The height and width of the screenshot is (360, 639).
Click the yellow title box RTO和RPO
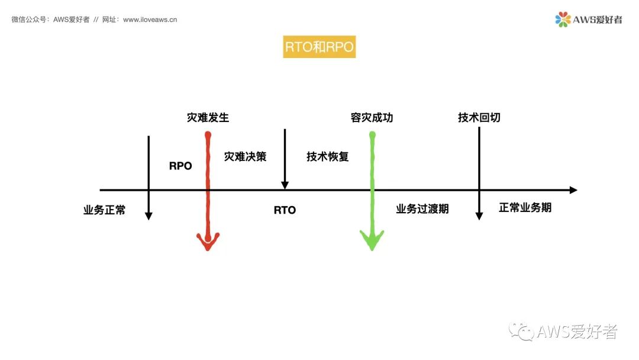click(319, 47)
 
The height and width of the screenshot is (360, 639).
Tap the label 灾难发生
click(208, 117)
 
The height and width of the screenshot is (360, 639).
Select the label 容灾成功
click(372, 117)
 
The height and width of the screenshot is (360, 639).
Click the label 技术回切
click(479, 117)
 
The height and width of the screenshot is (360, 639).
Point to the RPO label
click(180, 166)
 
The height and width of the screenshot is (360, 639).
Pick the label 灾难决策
click(245, 156)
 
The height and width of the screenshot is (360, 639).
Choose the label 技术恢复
click(328, 156)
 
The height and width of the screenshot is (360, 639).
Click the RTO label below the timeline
click(285, 210)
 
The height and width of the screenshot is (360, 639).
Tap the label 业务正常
click(104, 210)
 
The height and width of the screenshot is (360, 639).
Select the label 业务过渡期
click(422, 208)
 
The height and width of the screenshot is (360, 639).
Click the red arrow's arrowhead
click(208, 241)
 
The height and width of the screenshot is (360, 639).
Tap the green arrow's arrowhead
click(372, 240)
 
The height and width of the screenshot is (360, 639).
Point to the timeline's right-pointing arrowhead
click(573, 190)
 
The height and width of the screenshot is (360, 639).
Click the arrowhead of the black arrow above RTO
click(285, 185)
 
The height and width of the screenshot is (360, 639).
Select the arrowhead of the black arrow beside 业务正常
click(149, 216)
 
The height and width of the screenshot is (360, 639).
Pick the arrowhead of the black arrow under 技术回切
click(479, 216)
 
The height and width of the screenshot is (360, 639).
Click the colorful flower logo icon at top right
click(563, 20)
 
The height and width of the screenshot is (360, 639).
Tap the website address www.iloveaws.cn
click(150, 20)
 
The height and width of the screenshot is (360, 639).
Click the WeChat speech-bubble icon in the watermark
click(522, 332)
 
